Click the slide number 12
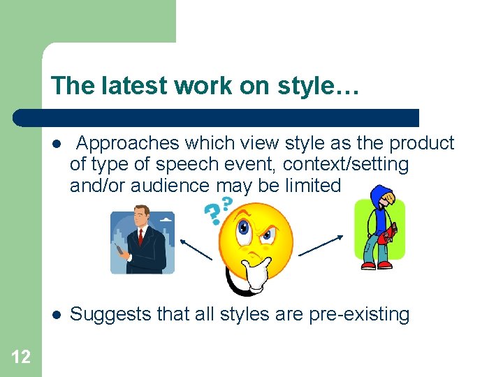click(x=21, y=357)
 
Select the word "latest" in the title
click(x=131, y=86)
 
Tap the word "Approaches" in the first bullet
click(x=127, y=143)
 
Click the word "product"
click(x=422, y=143)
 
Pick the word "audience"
click(x=175, y=186)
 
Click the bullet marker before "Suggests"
click(x=56, y=315)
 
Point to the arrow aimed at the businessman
click(x=195, y=249)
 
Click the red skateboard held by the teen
click(x=384, y=234)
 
